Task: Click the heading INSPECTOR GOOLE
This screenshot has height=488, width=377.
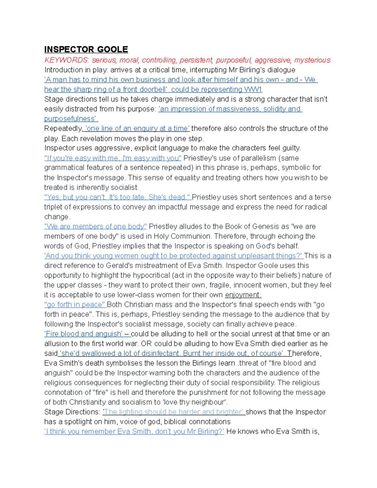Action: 86,49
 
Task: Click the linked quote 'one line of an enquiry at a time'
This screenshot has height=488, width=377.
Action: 137,129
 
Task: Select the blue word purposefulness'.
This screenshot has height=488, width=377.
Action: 71,119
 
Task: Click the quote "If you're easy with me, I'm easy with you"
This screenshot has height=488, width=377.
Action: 113,158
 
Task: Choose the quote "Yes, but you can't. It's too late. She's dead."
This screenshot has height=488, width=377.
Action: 117,197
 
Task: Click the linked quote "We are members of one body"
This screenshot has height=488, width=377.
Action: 96,227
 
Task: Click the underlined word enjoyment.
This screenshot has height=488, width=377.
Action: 243,295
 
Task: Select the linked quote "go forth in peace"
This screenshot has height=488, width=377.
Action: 75,305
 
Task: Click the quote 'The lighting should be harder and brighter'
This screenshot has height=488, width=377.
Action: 173,412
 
